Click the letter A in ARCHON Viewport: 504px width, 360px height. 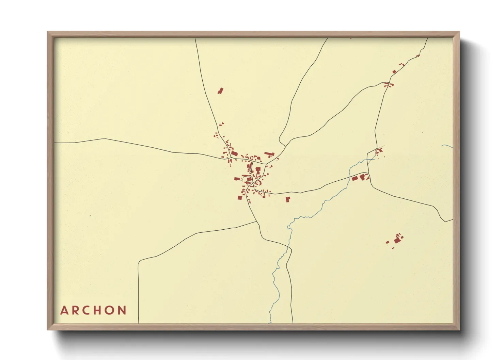click(64, 310)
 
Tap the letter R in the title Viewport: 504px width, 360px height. click(76, 310)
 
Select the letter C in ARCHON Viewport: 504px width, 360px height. click(88, 310)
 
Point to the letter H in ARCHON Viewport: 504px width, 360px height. click(99, 310)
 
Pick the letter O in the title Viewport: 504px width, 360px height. click(111, 310)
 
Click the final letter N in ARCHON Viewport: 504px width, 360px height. click(123, 310)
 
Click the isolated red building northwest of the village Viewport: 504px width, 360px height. click(220, 91)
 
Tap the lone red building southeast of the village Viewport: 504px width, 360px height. click(288, 199)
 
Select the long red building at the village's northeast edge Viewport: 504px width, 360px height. click(269, 154)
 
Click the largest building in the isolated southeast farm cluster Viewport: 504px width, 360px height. click(397, 240)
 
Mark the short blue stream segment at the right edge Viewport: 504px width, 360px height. click(447, 146)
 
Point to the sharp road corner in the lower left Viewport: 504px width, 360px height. click(139, 263)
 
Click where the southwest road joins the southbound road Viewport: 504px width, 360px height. click(257, 222)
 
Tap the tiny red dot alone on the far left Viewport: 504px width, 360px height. click(90, 216)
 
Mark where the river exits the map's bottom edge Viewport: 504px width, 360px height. click(270, 323)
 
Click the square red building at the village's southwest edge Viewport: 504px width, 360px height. click(240, 198)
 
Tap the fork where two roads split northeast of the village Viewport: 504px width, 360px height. click(285, 146)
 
